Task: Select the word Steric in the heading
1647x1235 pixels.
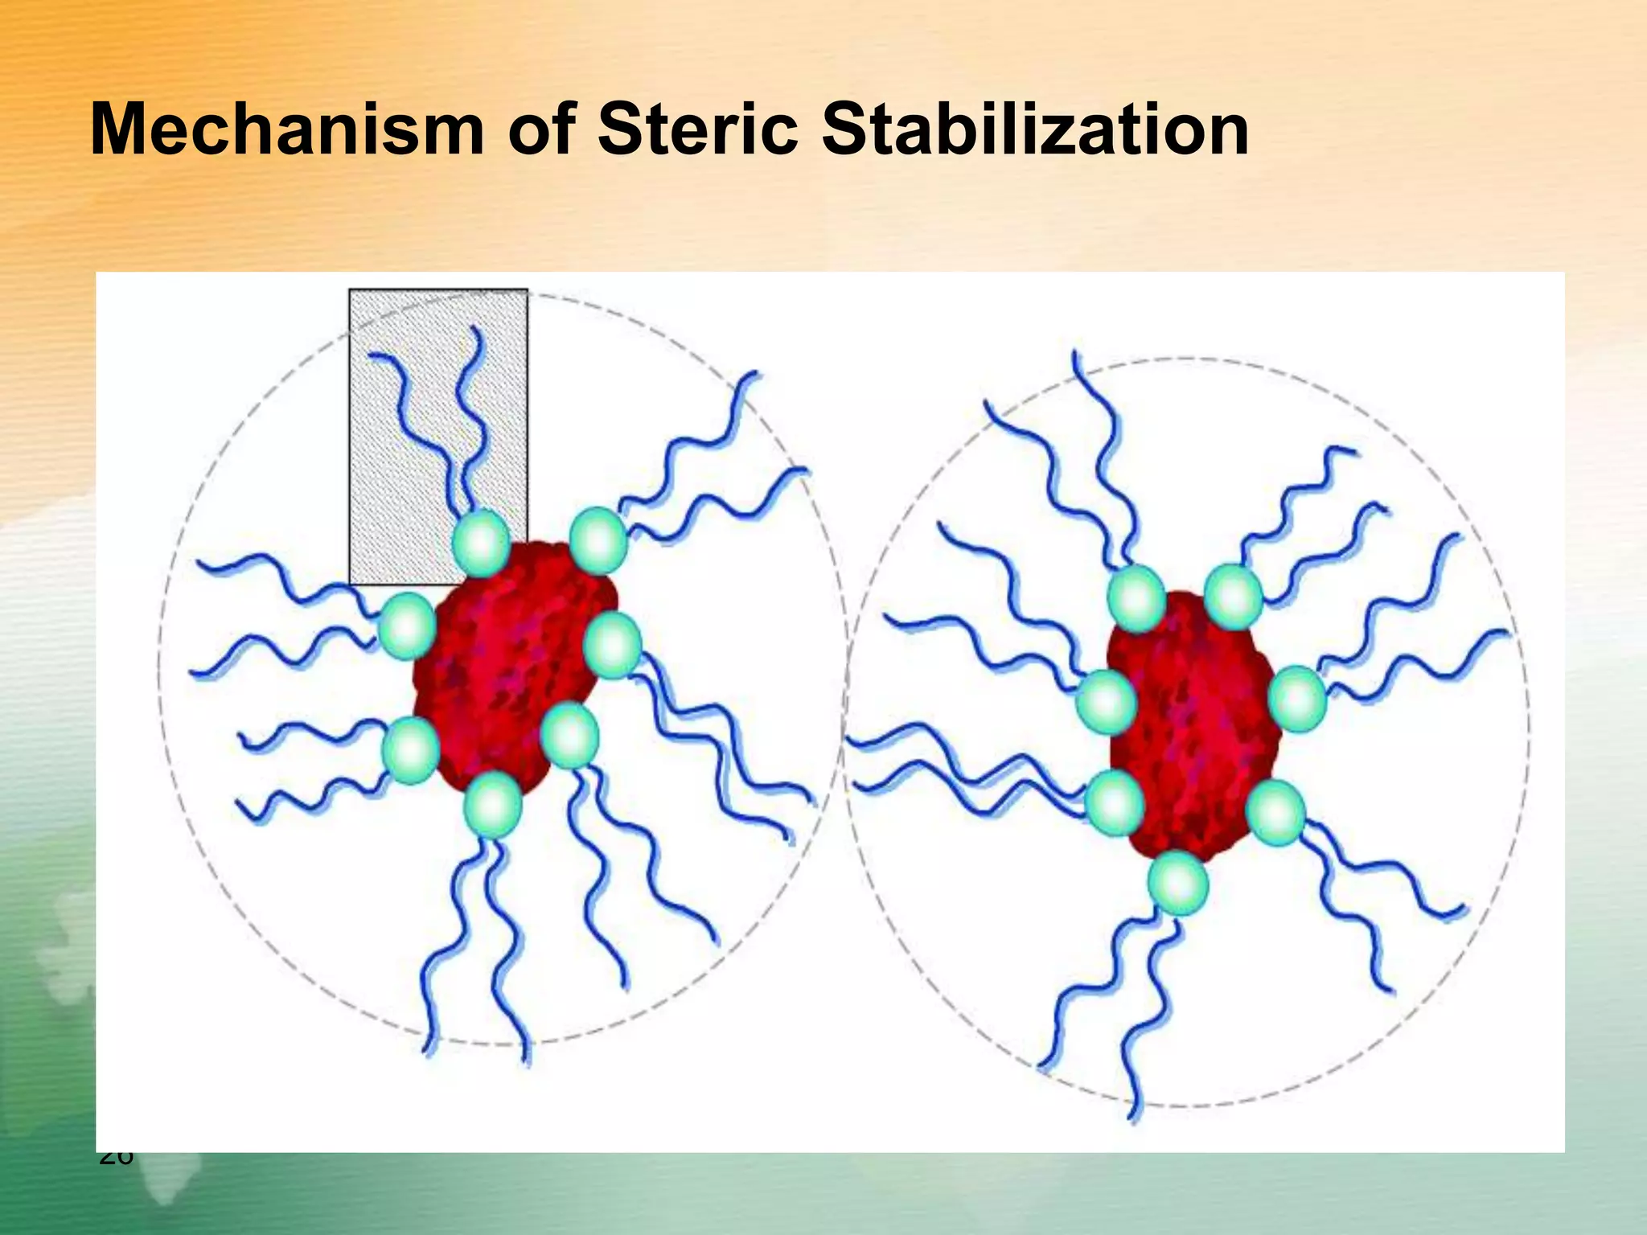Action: [697, 130]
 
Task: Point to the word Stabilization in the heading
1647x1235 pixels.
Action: [1035, 130]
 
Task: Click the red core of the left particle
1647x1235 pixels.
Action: [507, 667]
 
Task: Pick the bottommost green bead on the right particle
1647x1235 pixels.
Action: [1178, 883]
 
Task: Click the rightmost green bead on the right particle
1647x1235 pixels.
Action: [1297, 699]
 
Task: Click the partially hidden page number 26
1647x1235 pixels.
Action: [117, 1159]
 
